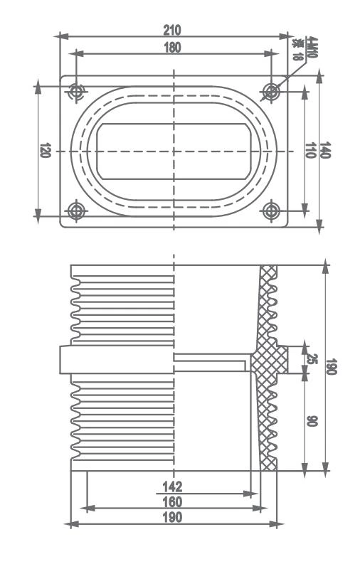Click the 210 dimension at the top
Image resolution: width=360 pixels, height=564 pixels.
point(173,30)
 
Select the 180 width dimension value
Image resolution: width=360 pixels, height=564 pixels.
point(173,48)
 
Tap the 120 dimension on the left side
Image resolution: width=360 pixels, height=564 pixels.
point(45,151)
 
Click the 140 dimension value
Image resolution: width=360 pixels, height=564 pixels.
point(325,151)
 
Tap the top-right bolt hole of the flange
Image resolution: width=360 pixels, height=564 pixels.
point(271,92)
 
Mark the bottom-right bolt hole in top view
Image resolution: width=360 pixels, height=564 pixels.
point(271,211)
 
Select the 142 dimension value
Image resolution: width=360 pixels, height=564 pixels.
point(172,486)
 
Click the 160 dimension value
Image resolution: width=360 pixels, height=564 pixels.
point(172,502)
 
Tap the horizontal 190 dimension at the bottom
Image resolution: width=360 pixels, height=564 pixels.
point(172,518)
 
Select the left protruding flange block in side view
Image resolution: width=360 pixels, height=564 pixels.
point(65,359)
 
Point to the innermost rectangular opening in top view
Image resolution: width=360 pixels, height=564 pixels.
point(174,151)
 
